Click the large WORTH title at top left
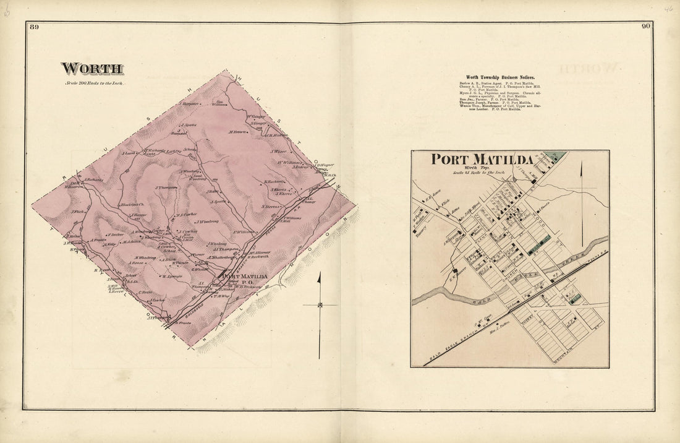coord(91,69)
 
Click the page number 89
coord(33,27)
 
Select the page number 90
coord(645,27)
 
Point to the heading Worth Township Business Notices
coord(500,77)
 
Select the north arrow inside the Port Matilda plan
coord(582,198)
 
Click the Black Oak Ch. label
coord(132,205)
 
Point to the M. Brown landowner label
coord(237,131)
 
